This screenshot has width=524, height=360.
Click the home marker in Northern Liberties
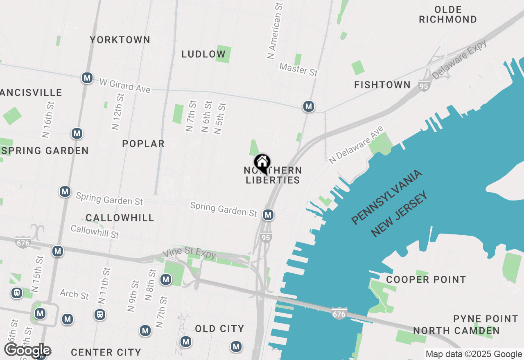[262, 162]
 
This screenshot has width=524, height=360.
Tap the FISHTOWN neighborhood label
[382, 85]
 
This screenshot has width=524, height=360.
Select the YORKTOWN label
[120, 40]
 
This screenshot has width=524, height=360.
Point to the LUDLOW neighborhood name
[203, 54]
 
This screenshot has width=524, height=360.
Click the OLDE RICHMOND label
[448, 14]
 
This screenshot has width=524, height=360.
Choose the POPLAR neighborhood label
[143, 144]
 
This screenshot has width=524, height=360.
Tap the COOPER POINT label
[426, 279]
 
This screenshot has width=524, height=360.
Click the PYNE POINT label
[486, 319]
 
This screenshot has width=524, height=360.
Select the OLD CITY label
[219, 328]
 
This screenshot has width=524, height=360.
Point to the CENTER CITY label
[106, 352]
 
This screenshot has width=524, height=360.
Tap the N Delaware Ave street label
[357, 145]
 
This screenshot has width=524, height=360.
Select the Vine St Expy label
[190, 254]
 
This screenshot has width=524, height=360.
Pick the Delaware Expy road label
[460, 59]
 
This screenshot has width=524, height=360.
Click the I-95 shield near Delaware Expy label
[424, 86]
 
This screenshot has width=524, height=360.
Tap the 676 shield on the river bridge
[338, 313]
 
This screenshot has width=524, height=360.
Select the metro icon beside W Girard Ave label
[86, 78]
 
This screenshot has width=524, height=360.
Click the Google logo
[27, 350]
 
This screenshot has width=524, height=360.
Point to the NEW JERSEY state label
[399, 214]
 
